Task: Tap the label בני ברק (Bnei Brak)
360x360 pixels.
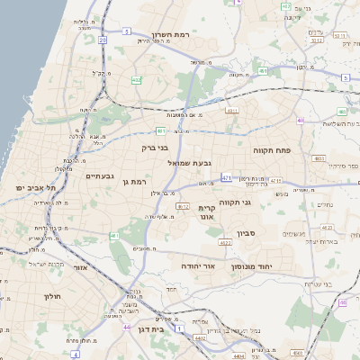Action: click(x=156, y=147)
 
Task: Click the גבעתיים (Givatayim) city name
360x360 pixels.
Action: click(x=99, y=177)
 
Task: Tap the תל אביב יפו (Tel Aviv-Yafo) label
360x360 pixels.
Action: click(x=35, y=187)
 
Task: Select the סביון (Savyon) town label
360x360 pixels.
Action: click(x=247, y=233)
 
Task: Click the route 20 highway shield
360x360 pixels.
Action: click(x=103, y=40)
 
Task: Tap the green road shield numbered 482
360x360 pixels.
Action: click(x=136, y=80)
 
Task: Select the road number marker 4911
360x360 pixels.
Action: click(x=232, y=112)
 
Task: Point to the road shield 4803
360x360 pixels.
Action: click(x=319, y=158)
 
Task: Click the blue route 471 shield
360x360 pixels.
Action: click(x=226, y=177)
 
